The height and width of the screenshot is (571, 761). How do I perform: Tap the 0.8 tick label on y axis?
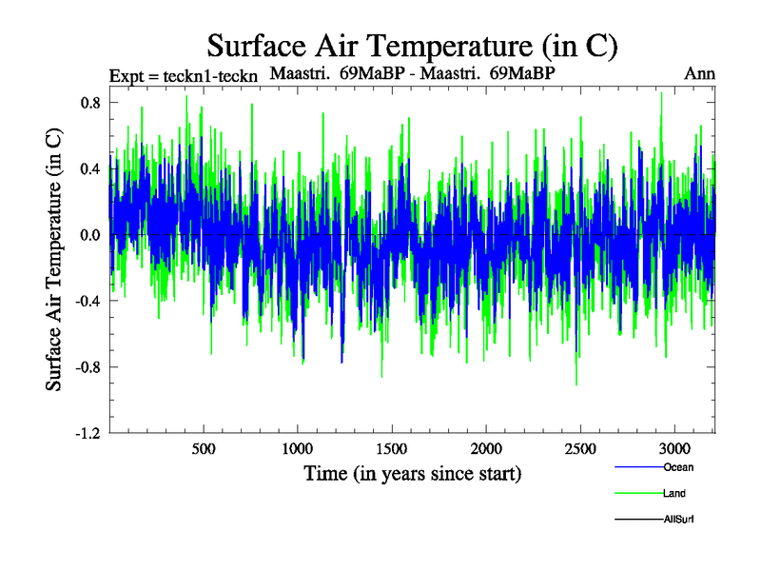coord(91,102)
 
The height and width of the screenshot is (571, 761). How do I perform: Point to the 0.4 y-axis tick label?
coord(91,168)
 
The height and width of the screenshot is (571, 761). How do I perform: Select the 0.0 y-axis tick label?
coord(91,234)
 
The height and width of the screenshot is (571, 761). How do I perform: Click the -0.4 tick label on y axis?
coord(89,301)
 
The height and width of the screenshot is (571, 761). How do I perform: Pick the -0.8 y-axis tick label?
coord(89,366)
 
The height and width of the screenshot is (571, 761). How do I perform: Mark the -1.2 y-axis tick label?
coord(89,433)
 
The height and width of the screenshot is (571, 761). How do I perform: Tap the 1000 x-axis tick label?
coord(298,448)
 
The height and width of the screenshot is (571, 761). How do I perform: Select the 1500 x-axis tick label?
coord(392,448)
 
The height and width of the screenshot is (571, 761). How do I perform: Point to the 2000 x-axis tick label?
coord(486,448)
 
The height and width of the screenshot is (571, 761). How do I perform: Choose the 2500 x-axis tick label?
coord(580,448)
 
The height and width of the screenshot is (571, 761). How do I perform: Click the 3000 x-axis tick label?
coord(674,448)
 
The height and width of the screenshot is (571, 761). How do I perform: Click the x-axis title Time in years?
coord(412,473)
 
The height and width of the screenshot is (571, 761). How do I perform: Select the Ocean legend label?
coord(678,467)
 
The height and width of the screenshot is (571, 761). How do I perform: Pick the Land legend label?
coord(674,494)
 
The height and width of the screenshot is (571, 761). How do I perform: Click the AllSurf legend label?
coord(679,520)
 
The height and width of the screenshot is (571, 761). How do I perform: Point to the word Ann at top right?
coord(699,73)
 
